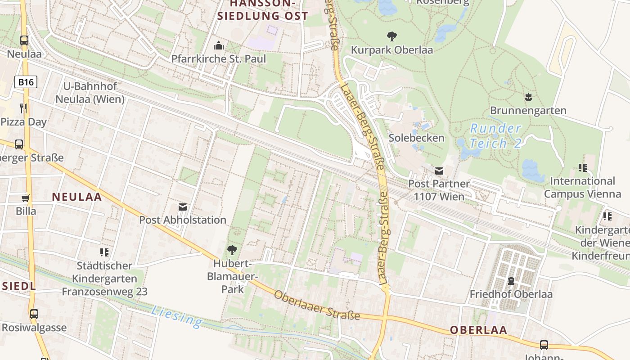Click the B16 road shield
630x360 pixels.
tap(26, 82)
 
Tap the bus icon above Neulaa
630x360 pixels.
tap(24, 40)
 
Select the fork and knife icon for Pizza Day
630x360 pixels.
tap(23, 108)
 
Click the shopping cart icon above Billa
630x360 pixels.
tap(25, 198)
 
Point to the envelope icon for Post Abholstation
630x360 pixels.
tap(183, 207)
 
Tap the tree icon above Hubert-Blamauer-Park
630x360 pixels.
tap(232, 250)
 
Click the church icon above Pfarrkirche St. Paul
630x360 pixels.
tap(219, 45)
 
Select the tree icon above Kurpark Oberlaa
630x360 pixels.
tap(392, 36)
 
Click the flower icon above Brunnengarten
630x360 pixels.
tap(528, 97)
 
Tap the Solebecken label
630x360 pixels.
tap(416, 138)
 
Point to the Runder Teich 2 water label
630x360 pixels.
tap(495, 136)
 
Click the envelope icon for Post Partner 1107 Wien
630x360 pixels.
tap(439, 171)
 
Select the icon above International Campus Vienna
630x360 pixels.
tap(583, 168)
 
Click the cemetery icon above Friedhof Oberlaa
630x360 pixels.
tap(511, 281)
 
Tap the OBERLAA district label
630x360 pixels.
tap(478, 330)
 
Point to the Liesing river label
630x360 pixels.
tap(177, 316)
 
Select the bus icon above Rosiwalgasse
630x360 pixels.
tap(34, 314)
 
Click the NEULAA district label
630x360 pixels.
tap(77, 197)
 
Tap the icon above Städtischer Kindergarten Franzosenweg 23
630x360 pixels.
tap(104, 252)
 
